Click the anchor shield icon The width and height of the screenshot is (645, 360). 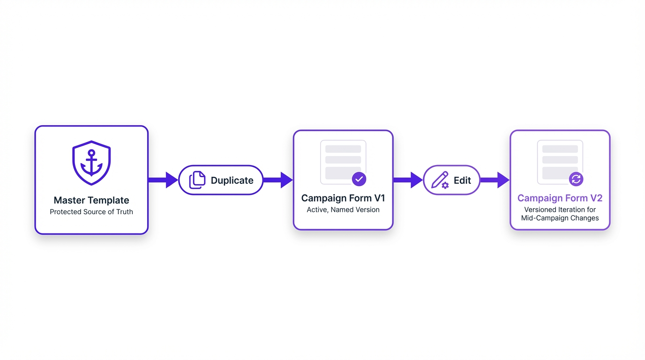91,163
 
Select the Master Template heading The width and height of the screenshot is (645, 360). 91,200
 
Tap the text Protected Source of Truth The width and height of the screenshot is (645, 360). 91,212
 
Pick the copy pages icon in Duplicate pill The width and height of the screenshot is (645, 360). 197,180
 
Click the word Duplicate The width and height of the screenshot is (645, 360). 232,180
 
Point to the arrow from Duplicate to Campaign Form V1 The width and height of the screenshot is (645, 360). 278,180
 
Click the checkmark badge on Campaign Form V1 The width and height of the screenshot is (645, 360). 359,179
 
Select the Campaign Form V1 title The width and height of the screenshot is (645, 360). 343,198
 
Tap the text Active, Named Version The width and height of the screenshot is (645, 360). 343,210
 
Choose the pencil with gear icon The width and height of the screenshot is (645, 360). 440,180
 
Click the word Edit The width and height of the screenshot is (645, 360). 462,180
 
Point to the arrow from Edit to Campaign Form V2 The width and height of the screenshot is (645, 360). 495,180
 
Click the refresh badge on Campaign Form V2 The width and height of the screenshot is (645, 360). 576,179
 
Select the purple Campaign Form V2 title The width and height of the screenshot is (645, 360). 560,198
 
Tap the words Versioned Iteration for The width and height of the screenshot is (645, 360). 560,210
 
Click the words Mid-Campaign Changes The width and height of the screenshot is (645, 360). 560,218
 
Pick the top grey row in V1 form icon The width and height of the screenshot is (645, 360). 343,149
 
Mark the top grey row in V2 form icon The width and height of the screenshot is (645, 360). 560,149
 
